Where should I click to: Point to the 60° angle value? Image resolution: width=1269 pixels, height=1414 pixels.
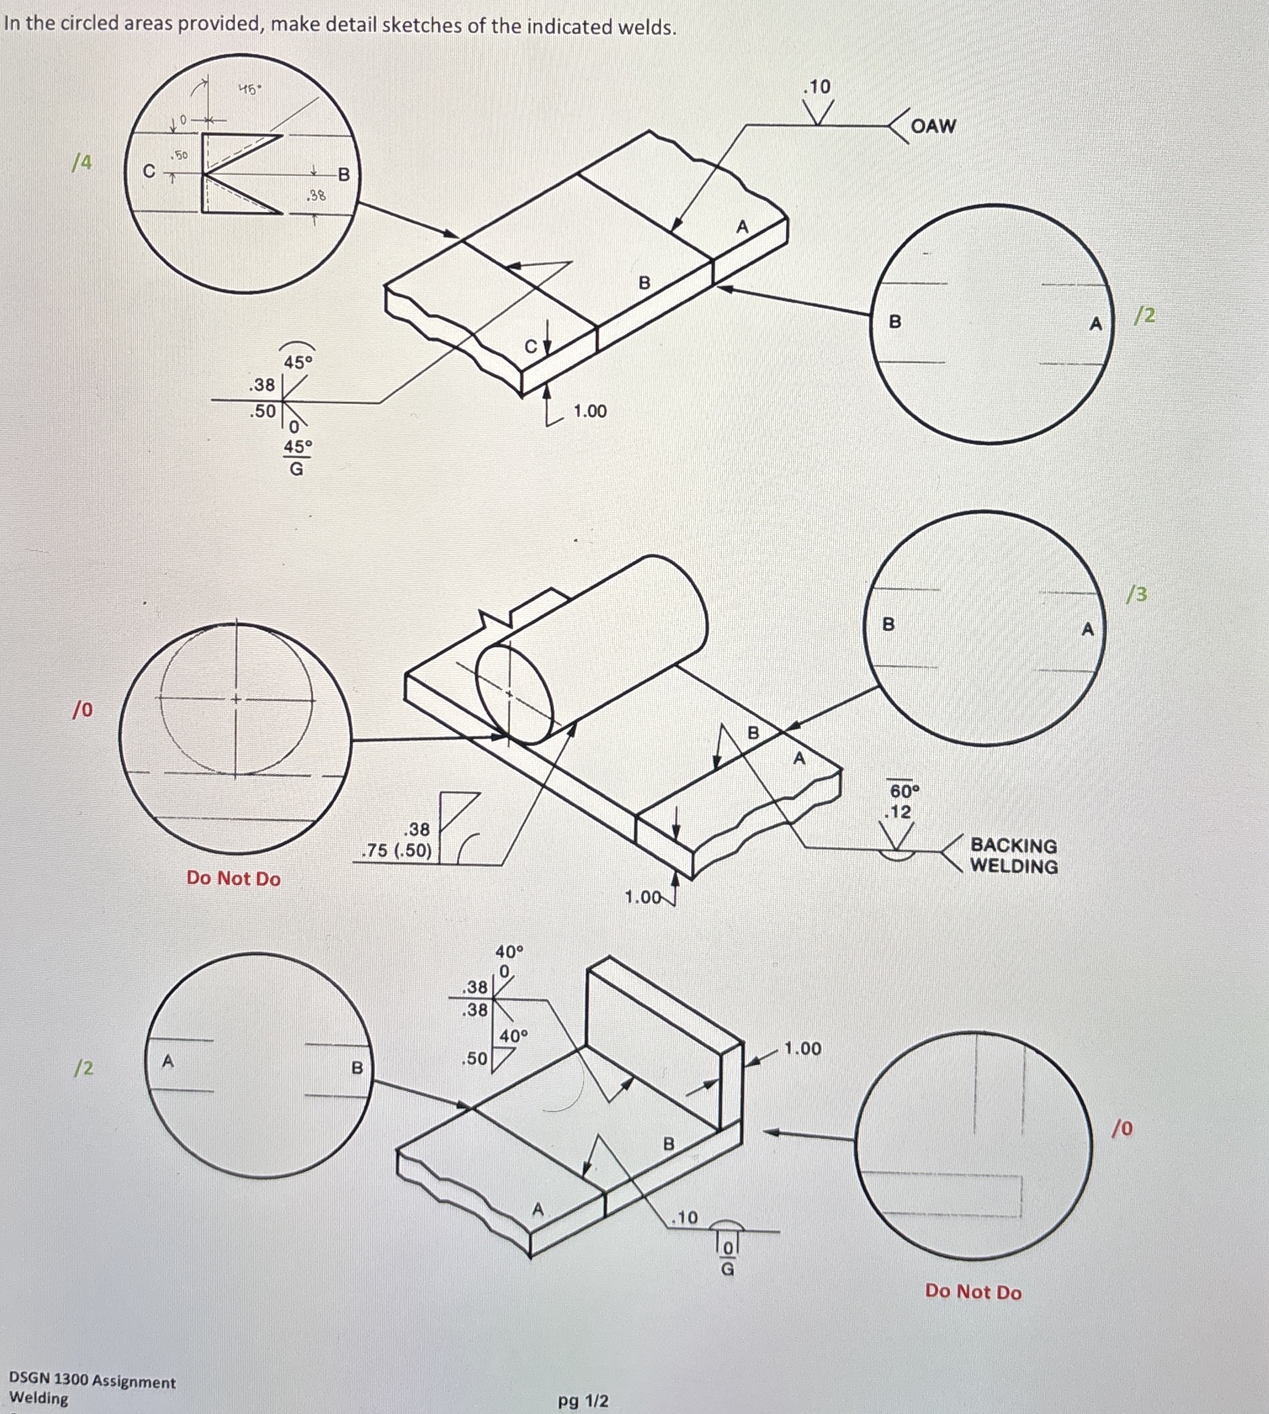[904, 791]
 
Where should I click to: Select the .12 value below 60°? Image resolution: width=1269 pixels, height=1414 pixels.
[898, 812]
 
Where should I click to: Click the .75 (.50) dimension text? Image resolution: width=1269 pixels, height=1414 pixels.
[397, 851]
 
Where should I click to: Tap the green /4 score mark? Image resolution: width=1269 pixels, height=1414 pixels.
[83, 162]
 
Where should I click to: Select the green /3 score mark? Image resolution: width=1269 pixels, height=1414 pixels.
[1137, 594]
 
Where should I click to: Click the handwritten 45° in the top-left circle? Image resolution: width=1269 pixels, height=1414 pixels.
[249, 89]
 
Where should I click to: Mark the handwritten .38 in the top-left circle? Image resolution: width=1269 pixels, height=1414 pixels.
[317, 195]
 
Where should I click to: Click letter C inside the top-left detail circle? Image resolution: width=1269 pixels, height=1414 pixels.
[148, 171]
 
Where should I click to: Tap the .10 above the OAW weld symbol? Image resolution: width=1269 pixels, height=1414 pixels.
[817, 86]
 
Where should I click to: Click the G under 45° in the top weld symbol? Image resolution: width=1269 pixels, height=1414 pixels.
[296, 469]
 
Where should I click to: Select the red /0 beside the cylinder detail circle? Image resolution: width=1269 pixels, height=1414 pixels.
[83, 709]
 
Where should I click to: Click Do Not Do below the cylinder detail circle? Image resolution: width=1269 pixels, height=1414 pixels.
[233, 878]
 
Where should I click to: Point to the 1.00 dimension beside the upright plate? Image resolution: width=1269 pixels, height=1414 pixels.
[803, 1048]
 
